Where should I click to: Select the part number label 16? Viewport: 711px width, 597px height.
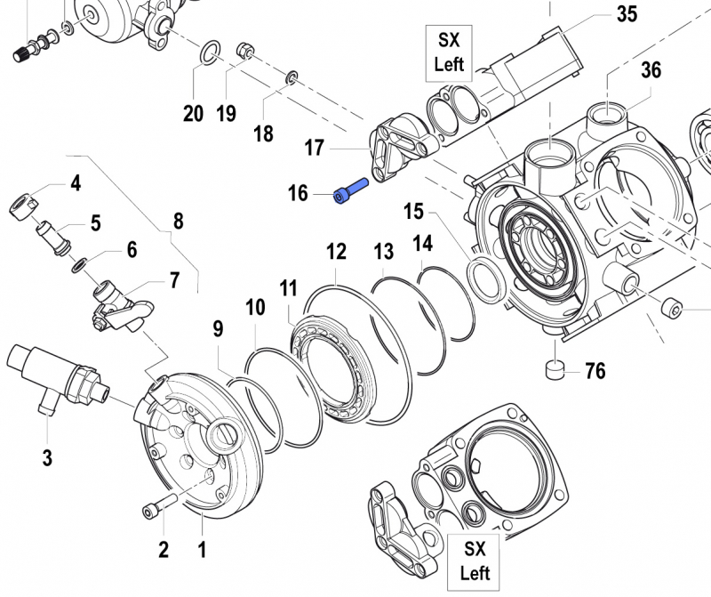(x=298, y=192)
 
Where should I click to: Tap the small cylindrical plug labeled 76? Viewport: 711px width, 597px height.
(x=555, y=367)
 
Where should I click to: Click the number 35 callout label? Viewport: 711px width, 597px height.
(x=627, y=14)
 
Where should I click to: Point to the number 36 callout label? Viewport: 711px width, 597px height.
(x=651, y=69)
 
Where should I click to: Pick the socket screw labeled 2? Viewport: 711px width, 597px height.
(x=152, y=510)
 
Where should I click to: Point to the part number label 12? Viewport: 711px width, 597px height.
(x=335, y=252)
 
